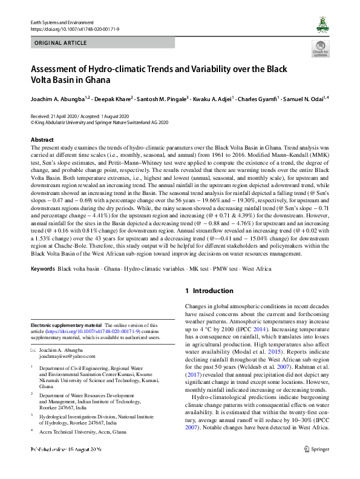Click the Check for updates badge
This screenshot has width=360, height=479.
pyautogui.click(x=320, y=49)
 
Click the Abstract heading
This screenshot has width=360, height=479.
pyautogui.click(x=42, y=140)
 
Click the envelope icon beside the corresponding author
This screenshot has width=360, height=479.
pyautogui.click(x=34, y=351)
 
